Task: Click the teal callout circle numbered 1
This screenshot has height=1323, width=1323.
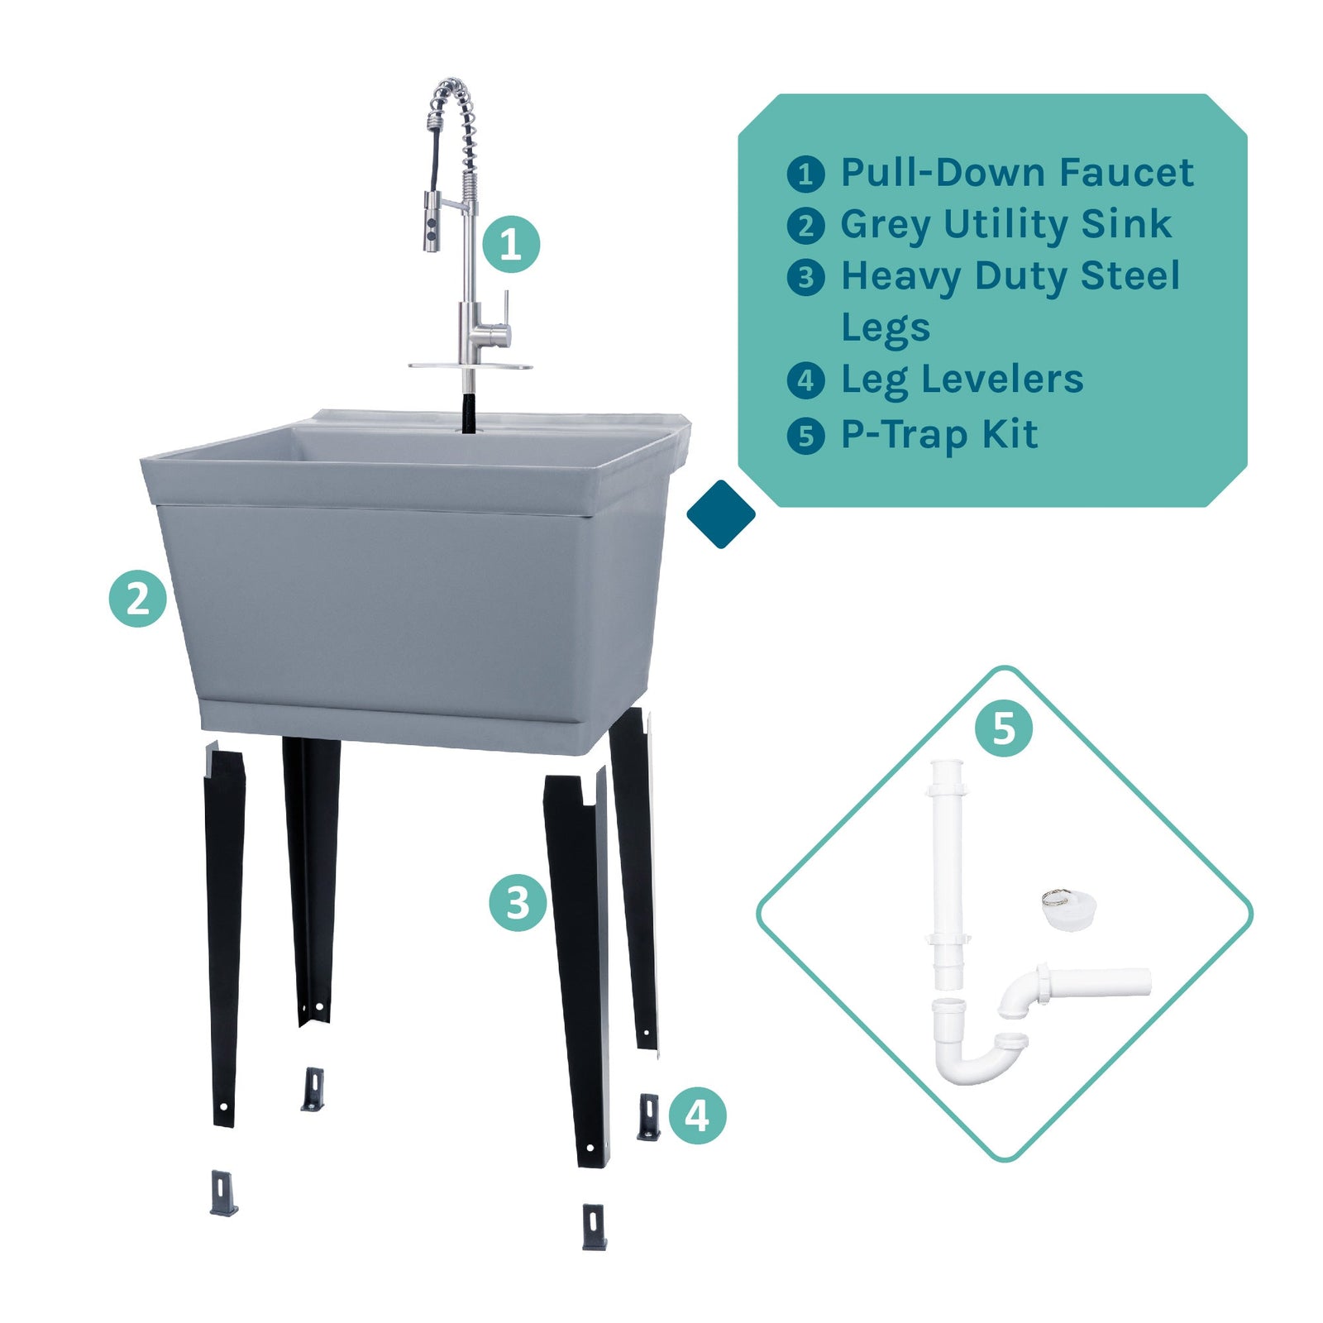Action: pos(511,245)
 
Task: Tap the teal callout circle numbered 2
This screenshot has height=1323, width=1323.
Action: pos(138,598)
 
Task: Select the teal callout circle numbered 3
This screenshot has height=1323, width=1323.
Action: pos(518,903)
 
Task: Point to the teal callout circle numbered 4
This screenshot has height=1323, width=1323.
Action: pos(697,1115)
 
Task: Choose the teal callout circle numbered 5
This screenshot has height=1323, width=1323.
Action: pos(1003,728)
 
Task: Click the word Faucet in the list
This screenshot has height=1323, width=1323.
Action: pos(1126,173)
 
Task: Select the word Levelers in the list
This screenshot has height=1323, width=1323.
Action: pos(1002,380)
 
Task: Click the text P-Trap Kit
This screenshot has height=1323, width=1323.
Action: pos(939,434)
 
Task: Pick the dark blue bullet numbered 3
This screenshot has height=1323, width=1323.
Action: pos(805,278)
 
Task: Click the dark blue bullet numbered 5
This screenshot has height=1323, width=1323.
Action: pos(805,436)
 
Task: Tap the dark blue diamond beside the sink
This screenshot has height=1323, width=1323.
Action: pos(721,514)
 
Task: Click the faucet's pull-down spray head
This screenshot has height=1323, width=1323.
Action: pos(432,222)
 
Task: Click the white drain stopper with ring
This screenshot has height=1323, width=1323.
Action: pos(1069,910)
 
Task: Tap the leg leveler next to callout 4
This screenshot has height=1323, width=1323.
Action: pos(649,1116)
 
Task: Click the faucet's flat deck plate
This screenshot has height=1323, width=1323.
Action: pos(470,365)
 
